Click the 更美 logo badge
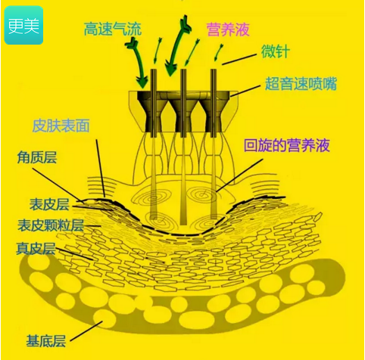(23, 25)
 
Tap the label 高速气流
(113, 29)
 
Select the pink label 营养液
(228, 29)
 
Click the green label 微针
(275, 51)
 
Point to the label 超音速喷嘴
(301, 83)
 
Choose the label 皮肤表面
(61, 126)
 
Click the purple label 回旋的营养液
(287, 145)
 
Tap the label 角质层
(37, 157)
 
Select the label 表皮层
(49, 204)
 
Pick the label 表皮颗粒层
(51, 225)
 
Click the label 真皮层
(36, 248)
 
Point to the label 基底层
(46, 341)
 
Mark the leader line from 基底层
(86, 331)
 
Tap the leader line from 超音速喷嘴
(245, 91)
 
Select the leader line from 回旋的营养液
(239, 175)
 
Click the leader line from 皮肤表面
(100, 168)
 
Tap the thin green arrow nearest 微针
(218, 52)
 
